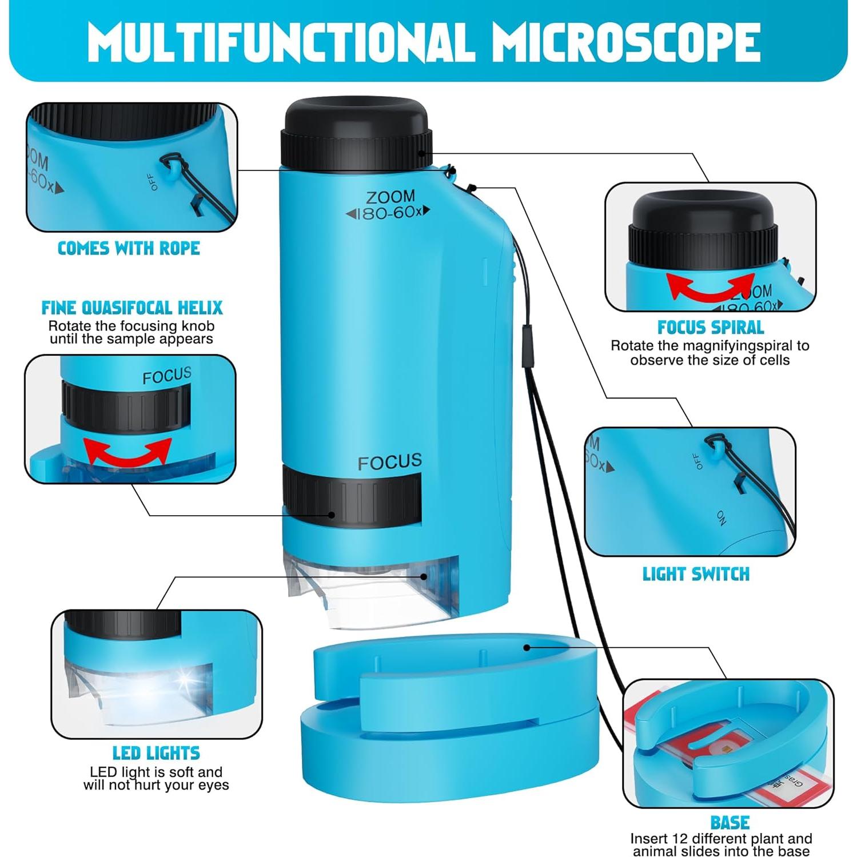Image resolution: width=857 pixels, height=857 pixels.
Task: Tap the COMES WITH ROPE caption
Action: pos(129,248)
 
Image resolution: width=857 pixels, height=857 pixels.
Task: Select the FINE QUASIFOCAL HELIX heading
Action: pos(132,308)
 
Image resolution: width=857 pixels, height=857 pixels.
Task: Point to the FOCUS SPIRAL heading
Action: pos(711,328)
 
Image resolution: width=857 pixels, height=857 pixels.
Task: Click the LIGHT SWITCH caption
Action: pos(696,574)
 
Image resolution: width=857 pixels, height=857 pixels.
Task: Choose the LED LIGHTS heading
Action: pos(156,753)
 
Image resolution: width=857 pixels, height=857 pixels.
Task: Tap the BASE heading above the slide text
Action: pos(730,823)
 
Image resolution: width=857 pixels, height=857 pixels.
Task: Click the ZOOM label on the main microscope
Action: pos(390,197)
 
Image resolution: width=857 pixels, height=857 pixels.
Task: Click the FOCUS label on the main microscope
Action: pos(390,462)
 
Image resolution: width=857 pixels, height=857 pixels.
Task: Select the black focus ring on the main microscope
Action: pos(352,496)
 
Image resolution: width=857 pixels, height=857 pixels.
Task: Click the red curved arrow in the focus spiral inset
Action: pos(711,286)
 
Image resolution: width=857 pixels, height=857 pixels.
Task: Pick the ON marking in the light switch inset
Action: pos(722,517)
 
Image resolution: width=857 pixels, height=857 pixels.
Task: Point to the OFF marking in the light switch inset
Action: pos(697,461)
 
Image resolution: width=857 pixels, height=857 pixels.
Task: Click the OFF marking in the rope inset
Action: pos(152,182)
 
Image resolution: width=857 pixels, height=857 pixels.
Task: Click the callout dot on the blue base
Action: pos(527,647)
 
